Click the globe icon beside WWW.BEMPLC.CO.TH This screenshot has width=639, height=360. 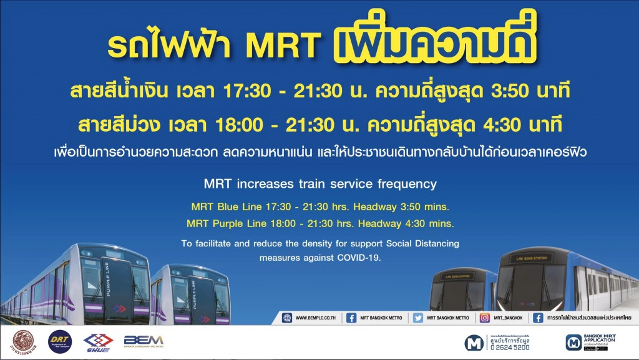click(x=287, y=318)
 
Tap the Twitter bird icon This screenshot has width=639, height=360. click(x=418, y=318)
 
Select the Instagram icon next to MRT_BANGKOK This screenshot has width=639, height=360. click(x=485, y=318)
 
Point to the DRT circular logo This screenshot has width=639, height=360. click(x=61, y=341)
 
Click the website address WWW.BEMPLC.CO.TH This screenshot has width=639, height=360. click(x=316, y=318)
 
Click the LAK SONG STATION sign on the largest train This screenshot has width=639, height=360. click(x=544, y=258)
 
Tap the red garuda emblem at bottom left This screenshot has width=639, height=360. click(x=24, y=341)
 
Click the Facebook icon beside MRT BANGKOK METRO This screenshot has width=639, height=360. click(x=352, y=318)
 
